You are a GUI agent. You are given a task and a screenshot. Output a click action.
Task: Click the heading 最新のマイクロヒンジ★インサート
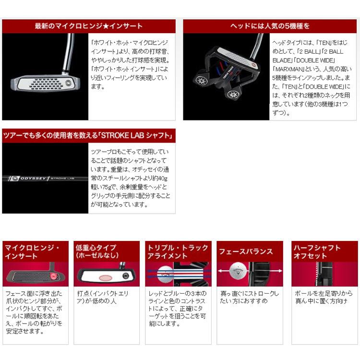[89, 26]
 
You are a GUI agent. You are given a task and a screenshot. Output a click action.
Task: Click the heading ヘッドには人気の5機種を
[270, 26]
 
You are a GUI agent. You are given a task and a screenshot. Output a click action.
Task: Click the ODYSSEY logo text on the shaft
[33, 178]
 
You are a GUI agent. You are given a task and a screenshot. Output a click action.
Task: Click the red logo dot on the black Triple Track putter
[253, 65]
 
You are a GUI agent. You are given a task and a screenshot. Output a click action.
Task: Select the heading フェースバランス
[246, 252]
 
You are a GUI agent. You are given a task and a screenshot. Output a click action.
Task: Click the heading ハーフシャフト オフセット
[317, 252]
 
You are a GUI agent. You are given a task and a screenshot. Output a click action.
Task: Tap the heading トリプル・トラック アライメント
[178, 252]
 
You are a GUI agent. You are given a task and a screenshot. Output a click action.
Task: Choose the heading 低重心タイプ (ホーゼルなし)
[97, 252]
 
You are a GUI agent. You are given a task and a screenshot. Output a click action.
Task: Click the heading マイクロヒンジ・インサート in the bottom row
[32, 252]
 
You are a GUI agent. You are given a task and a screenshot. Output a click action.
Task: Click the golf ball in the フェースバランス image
[238, 271]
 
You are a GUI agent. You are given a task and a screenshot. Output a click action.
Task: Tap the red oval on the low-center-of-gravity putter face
[106, 277]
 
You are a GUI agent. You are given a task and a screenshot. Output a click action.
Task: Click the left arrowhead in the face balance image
[220, 271]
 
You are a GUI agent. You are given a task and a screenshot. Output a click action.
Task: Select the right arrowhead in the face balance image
[280, 271]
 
